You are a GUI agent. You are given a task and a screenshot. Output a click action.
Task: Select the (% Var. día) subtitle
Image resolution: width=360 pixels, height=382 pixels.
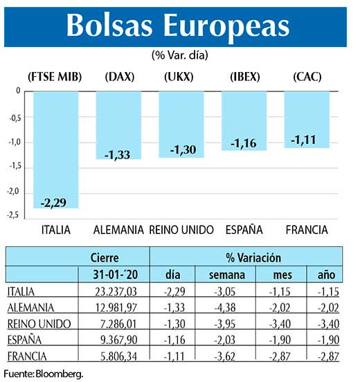(x=179, y=54)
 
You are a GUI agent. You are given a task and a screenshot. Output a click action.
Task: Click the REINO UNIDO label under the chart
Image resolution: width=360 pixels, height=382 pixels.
(x=181, y=229)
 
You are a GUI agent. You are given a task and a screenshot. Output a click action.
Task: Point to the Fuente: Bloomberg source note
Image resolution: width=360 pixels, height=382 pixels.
(x=43, y=374)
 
